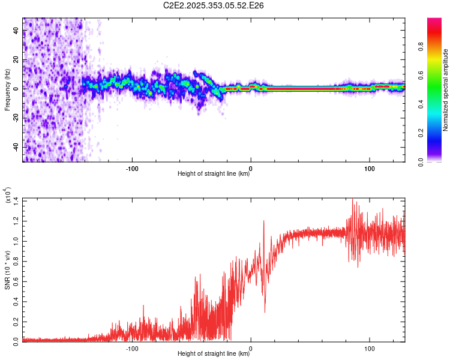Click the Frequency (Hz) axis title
(7, 89)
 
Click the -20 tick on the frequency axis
(16, 118)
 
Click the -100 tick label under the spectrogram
(132, 167)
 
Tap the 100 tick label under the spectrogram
(370, 167)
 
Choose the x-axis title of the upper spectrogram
(214, 174)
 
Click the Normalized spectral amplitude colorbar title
(446, 90)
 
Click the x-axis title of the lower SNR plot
(214, 353)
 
